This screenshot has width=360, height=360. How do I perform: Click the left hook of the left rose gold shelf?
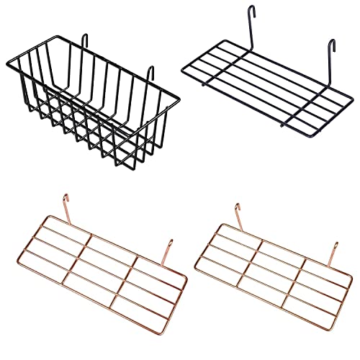point(65,198)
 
